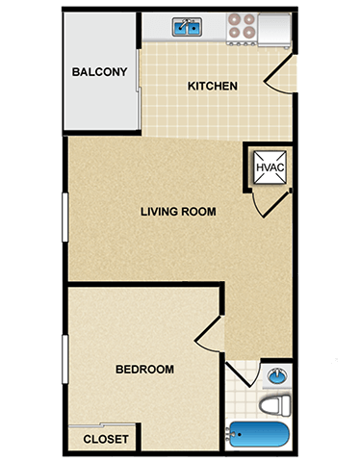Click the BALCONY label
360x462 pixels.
tap(100, 72)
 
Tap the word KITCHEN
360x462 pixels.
tap(213, 87)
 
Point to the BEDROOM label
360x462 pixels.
tap(144, 370)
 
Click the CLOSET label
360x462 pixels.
tap(106, 439)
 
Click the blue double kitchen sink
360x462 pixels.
tap(188, 28)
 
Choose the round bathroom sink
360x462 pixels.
tap(277, 375)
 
